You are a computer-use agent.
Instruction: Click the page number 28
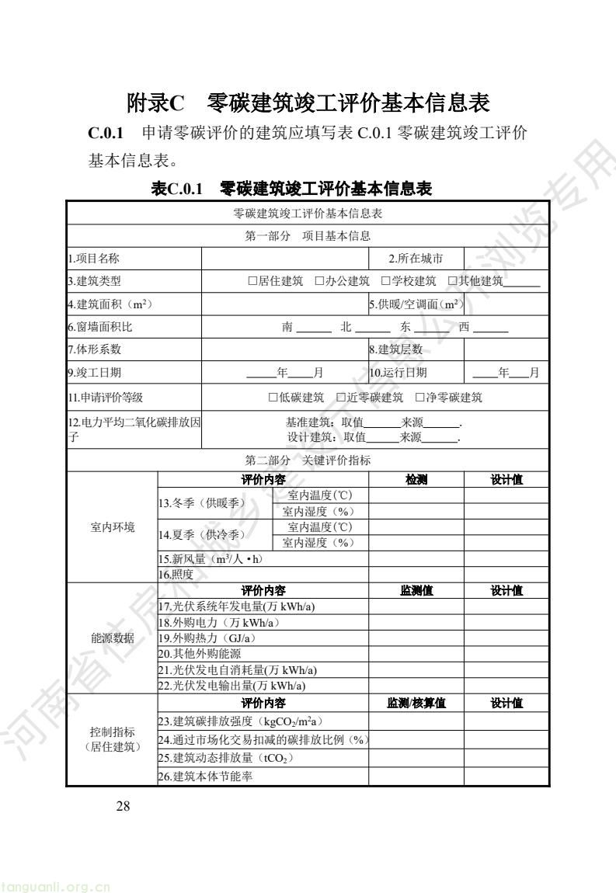click(123, 806)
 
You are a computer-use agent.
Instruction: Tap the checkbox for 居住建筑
click(252, 281)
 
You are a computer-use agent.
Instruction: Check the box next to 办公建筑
click(319, 281)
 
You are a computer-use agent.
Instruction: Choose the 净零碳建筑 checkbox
click(419, 398)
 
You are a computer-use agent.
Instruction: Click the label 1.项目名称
click(93, 258)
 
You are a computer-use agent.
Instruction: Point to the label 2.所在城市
click(416, 258)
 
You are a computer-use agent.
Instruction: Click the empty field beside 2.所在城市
click(506, 258)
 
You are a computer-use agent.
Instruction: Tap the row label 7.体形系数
click(94, 349)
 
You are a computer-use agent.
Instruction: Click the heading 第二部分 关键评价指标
click(308, 460)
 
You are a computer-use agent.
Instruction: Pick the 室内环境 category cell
click(113, 527)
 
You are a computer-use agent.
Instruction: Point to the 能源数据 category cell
click(113, 638)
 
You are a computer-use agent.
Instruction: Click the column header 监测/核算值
click(416, 703)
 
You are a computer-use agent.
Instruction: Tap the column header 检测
click(416, 480)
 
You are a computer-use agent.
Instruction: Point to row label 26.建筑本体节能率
click(205, 776)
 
